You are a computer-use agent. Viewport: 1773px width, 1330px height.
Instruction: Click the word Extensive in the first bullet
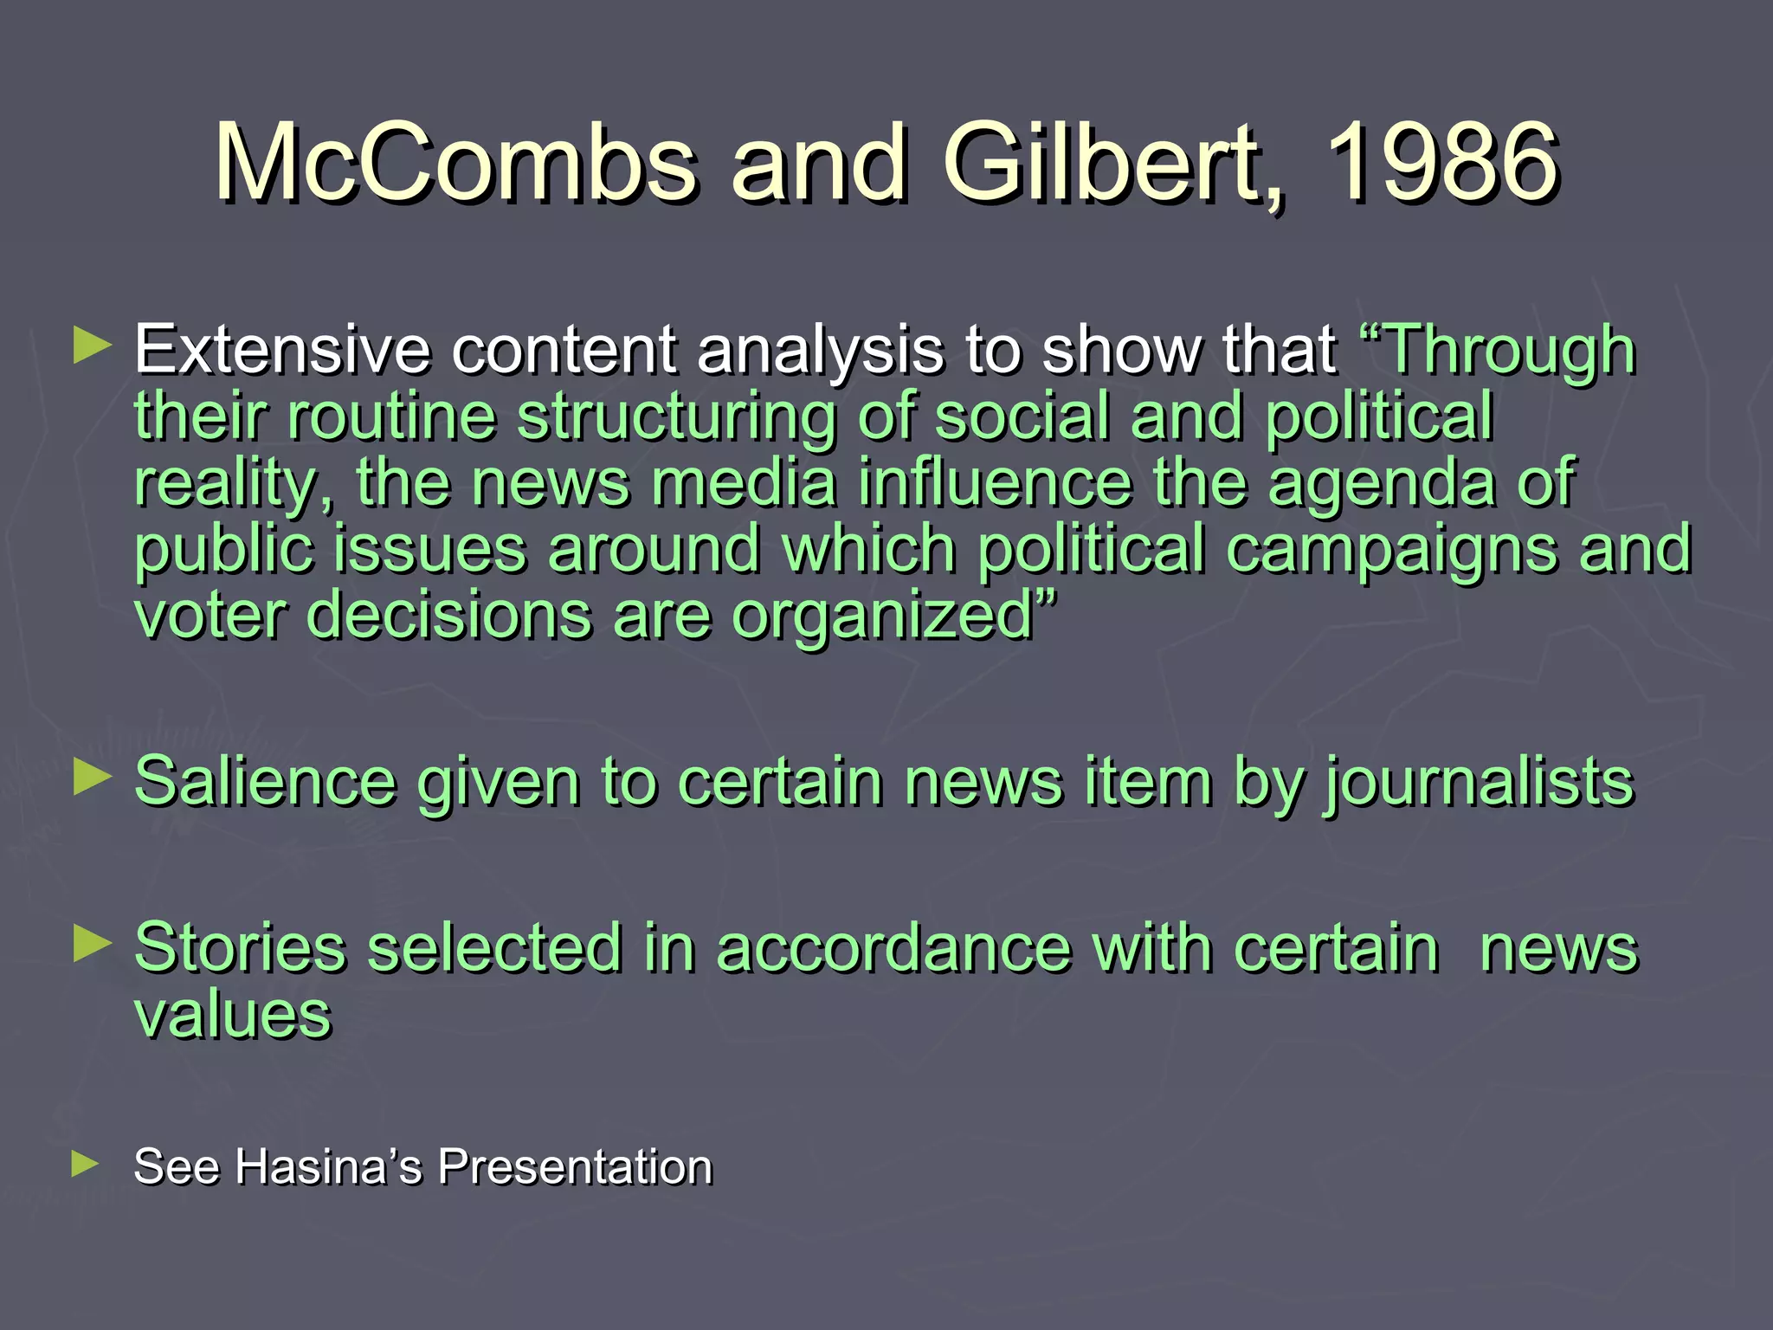click(x=282, y=351)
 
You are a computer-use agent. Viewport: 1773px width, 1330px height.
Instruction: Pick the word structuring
click(x=676, y=417)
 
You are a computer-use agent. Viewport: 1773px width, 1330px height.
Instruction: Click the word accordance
click(x=893, y=948)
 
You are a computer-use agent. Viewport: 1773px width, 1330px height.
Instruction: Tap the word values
click(x=233, y=1015)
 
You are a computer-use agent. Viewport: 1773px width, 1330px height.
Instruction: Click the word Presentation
click(x=575, y=1166)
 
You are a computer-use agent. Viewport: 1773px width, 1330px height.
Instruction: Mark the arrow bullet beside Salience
click(x=92, y=778)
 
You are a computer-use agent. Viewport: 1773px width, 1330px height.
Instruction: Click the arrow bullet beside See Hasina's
click(x=87, y=1164)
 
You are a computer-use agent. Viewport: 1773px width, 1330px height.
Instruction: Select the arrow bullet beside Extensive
click(x=92, y=345)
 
